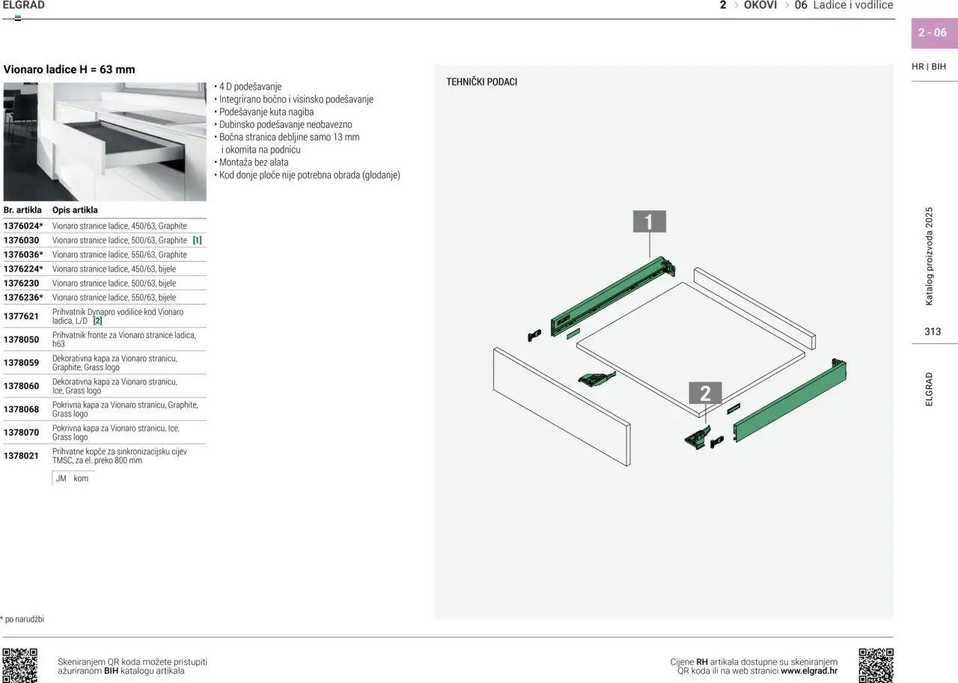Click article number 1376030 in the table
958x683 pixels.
click(21, 240)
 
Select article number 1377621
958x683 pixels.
click(21, 316)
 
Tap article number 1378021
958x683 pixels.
click(21, 456)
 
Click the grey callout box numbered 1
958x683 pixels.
click(649, 221)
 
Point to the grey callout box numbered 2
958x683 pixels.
click(705, 393)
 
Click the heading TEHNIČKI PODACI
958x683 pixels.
click(481, 82)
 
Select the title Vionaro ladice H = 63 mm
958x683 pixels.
click(70, 70)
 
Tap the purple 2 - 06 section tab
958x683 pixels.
click(933, 33)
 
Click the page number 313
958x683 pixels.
click(933, 331)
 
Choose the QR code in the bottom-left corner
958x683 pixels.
click(19, 665)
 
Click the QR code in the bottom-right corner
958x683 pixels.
click(876, 665)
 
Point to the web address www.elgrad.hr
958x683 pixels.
click(808, 671)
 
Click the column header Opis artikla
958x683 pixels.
click(75, 210)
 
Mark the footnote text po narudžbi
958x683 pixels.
click(24, 619)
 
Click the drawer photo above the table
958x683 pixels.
click(105, 141)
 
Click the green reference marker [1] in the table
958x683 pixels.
click(197, 240)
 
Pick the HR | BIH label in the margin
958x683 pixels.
click(929, 67)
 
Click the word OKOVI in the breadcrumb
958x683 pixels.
click(760, 5)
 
